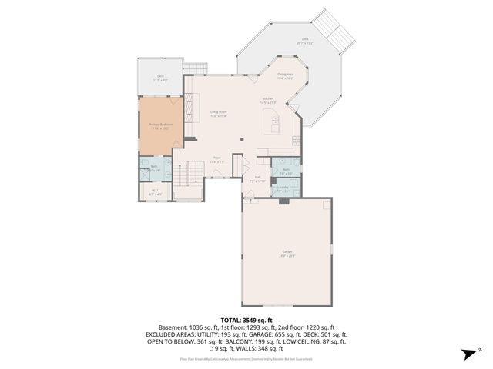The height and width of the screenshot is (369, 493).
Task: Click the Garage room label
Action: (287, 254)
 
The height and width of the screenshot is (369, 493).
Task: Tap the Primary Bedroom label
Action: (160, 125)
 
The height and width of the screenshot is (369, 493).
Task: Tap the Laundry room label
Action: (283, 188)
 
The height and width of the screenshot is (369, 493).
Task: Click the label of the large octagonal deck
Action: (305, 41)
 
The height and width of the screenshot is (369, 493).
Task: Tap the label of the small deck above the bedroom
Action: (160, 77)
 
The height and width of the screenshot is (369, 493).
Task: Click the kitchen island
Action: (272, 121)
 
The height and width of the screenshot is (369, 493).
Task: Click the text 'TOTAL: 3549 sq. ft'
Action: (246, 320)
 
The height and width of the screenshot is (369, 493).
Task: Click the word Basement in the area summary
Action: (172, 327)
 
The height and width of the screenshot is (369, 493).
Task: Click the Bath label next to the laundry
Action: (286, 171)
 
